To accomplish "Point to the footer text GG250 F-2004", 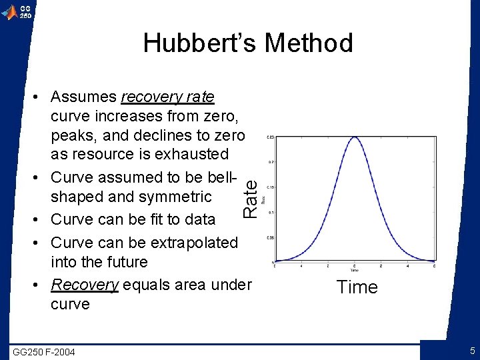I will click(44, 352).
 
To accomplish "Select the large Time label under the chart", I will click(357, 287).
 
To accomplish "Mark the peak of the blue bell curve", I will click(355, 137).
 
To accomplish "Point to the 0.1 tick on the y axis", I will click(270, 212).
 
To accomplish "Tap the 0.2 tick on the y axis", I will click(270, 162).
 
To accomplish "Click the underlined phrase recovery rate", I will click(167, 97).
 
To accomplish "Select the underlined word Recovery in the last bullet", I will click(85, 285).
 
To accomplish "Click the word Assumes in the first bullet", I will click(83, 97).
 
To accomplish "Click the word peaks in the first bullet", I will click(73, 135).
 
